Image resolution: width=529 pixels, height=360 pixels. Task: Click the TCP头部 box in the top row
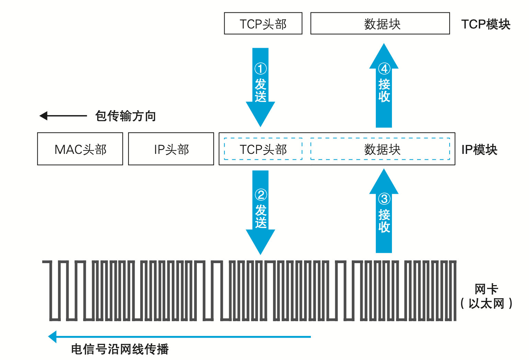tap(263, 24)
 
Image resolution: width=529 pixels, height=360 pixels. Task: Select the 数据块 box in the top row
tap(380, 24)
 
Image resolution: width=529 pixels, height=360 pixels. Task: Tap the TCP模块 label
tap(485, 24)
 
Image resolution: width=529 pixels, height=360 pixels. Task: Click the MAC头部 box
tap(80, 149)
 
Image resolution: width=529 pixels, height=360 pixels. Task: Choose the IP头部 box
tap(171, 149)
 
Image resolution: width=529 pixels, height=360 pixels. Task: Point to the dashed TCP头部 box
tap(263, 149)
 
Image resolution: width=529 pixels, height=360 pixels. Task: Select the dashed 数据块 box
tap(380, 149)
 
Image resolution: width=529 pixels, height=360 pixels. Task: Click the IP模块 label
tap(479, 150)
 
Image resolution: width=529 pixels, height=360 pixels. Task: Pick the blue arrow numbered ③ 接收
tap(384, 213)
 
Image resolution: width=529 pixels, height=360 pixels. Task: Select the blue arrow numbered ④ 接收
tap(384, 86)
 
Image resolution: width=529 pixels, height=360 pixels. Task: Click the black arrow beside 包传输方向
tap(63, 116)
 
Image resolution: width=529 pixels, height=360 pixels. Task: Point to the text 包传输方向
tap(125, 116)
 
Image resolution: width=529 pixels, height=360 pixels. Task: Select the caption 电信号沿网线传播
tap(120, 349)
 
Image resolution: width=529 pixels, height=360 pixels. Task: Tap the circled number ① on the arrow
tap(260, 69)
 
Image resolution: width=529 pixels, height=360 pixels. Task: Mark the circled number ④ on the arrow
tap(384, 69)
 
